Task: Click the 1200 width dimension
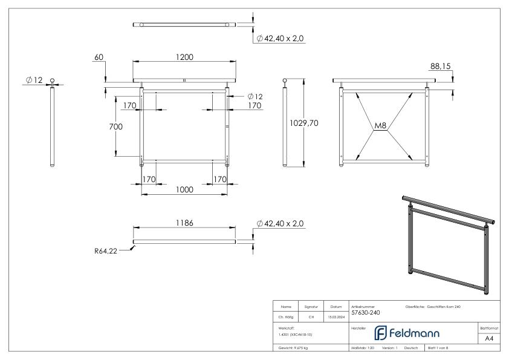click(x=184, y=57)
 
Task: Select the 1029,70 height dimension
click(x=304, y=123)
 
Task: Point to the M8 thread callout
click(x=380, y=126)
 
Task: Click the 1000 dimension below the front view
click(x=184, y=189)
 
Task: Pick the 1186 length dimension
click(x=184, y=223)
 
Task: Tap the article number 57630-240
click(x=365, y=313)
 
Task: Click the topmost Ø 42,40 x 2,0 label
click(x=280, y=38)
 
